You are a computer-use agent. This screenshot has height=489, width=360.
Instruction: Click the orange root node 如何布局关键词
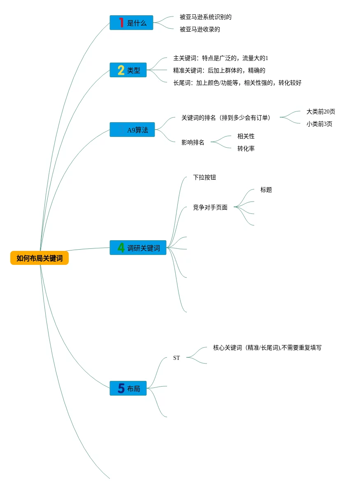39,258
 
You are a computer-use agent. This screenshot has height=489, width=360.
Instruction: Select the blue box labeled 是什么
131,23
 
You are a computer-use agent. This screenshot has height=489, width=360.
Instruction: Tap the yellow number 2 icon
121,70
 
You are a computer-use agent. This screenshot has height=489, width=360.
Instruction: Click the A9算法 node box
132,130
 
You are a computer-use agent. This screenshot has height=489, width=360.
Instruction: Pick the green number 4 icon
121,248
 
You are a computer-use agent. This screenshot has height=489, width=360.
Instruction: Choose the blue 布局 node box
128,388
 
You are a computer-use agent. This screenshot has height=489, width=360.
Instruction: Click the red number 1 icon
121,23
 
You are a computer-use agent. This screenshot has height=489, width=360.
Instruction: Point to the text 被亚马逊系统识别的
206,17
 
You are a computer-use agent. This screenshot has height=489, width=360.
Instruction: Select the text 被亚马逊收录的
200,29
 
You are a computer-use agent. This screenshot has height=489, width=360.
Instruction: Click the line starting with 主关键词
221,58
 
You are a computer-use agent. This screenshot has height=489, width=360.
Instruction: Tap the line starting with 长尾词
237,83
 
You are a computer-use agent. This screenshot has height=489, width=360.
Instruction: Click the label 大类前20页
321,111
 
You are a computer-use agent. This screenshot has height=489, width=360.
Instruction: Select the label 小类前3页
319,124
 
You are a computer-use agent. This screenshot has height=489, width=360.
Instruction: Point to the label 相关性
246,136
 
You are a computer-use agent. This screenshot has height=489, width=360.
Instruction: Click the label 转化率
246,148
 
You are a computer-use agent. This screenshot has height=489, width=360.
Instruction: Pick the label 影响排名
193,143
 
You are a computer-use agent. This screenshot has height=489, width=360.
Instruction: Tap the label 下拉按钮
204,177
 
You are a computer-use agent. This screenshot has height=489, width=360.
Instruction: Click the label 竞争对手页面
210,207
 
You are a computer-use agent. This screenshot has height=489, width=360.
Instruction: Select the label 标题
266,190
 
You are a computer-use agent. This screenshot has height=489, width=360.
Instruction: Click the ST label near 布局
177,358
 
